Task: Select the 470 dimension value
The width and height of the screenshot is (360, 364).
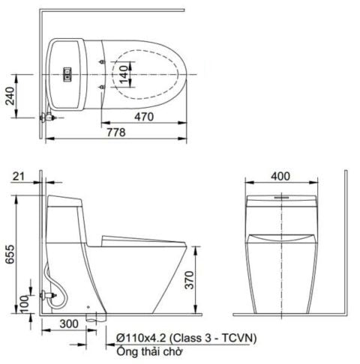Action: (x=145, y=117)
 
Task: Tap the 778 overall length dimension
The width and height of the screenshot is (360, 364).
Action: (x=114, y=132)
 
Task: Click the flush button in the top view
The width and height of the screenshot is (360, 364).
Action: (x=67, y=73)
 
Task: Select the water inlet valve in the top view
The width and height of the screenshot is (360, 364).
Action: (x=49, y=117)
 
